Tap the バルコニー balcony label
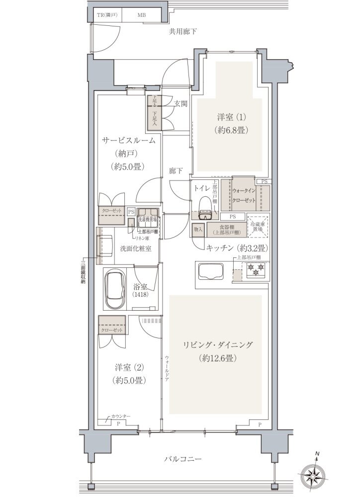183,459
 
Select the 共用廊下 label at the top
183,31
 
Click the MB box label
142,15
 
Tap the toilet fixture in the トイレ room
205,206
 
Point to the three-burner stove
256,270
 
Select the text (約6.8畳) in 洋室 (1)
232,130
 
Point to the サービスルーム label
129,141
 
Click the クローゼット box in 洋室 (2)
111,330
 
